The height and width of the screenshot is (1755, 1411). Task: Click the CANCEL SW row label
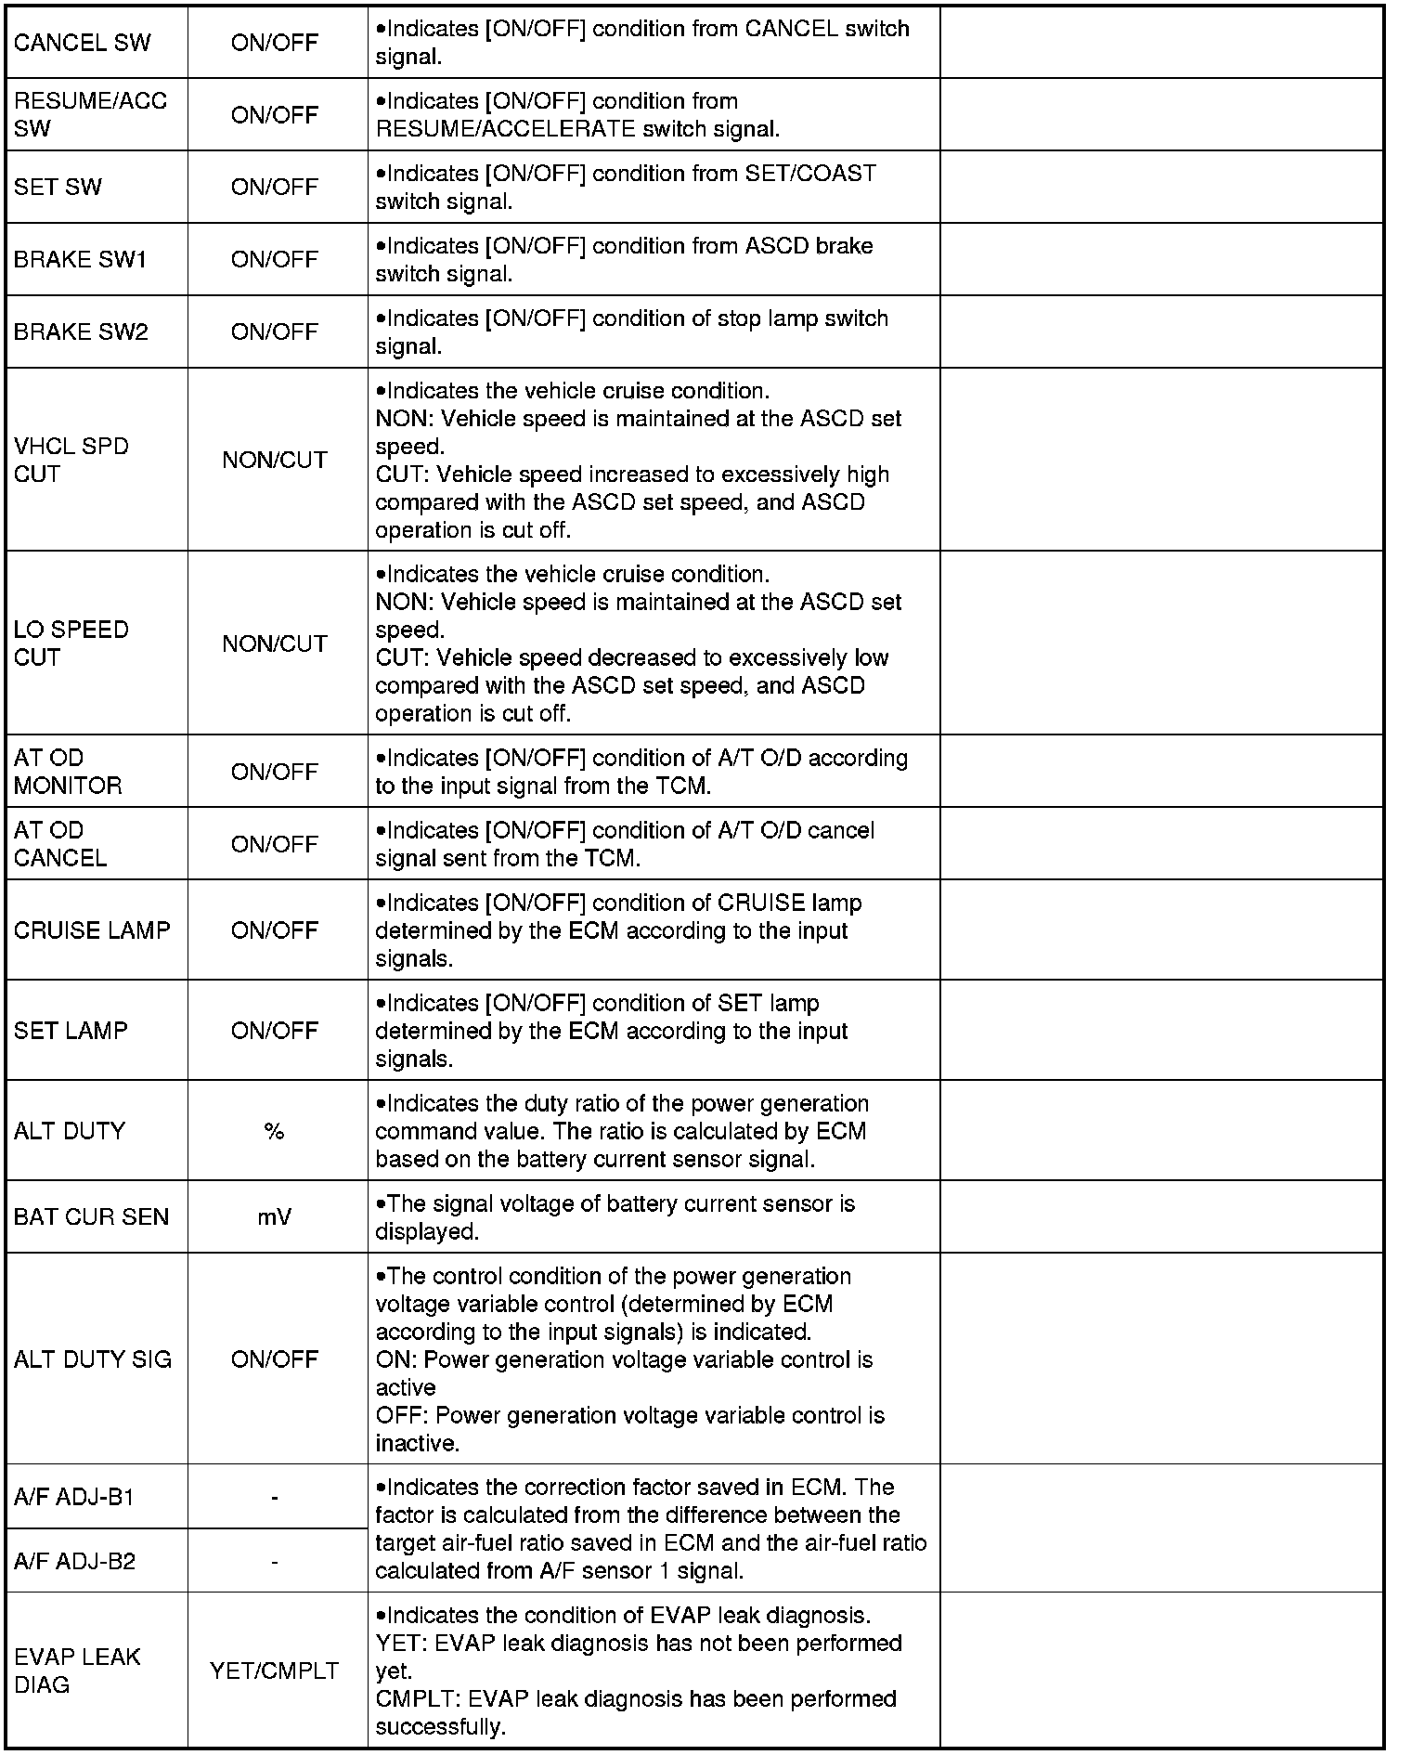82,43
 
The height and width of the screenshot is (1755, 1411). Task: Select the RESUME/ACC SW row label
90,114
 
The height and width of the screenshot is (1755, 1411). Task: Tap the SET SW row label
58,187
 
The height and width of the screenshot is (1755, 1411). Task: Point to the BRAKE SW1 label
80,259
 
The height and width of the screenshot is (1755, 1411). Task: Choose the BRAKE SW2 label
81,331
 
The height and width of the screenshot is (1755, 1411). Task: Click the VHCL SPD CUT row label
71,460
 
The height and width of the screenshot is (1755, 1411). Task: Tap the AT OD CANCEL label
60,843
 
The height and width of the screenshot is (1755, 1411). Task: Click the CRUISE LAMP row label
92,929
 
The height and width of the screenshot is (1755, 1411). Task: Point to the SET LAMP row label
71,1030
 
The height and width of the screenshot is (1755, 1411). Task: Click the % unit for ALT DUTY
274,1131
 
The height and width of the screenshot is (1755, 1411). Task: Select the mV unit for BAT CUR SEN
275,1216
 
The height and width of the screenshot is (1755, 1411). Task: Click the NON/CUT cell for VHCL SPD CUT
275,460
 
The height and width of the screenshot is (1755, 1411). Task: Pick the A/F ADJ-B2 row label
74,1561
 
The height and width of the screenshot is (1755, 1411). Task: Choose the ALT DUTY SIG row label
93,1359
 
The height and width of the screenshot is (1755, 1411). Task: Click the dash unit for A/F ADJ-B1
275,1497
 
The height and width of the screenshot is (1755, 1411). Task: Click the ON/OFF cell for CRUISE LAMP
275,929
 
